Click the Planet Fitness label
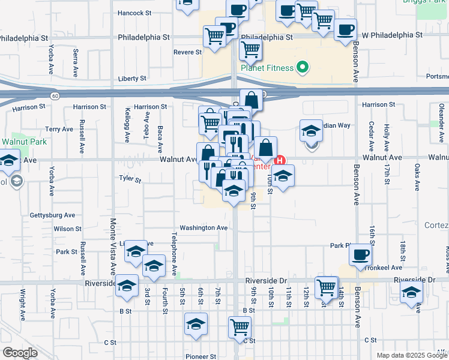click(x=267, y=68)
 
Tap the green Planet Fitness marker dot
click(x=303, y=67)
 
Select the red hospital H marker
click(x=280, y=161)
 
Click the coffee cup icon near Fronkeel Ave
click(x=360, y=254)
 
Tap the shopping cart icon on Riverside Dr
click(x=326, y=287)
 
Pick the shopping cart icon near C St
click(x=239, y=327)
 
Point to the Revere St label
click(x=187, y=52)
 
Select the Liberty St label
click(x=132, y=79)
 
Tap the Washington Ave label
click(x=203, y=228)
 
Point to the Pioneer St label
click(x=200, y=356)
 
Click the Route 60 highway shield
click(x=55, y=96)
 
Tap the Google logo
click(x=20, y=353)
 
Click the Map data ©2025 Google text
click(x=411, y=355)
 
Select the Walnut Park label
click(x=24, y=142)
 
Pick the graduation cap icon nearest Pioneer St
click(x=196, y=325)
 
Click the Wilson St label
click(x=67, y=229)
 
